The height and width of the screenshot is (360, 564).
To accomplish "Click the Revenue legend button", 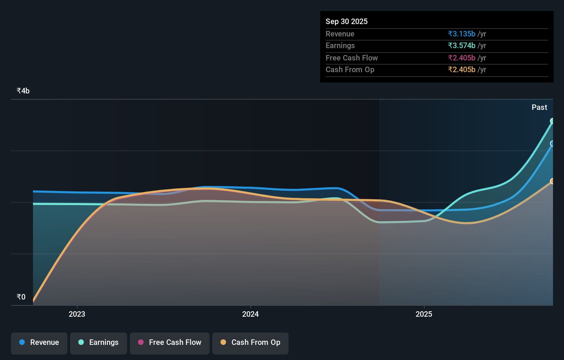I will [39, 343].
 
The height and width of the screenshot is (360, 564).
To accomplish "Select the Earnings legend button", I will [99, 343].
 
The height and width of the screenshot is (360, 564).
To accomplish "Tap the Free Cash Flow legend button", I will [170, 343].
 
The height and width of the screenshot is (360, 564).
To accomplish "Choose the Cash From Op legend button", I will [250, 343].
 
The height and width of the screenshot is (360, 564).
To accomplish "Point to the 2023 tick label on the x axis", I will [77, 314].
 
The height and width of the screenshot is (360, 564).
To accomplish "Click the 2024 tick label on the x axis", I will [250, 314].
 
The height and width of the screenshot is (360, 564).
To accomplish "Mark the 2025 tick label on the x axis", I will [424, 314].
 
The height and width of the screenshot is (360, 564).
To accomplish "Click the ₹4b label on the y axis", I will [23, 91].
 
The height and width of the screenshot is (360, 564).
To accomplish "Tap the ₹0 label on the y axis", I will [21, 297].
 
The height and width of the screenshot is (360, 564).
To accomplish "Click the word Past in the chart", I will [539, 108].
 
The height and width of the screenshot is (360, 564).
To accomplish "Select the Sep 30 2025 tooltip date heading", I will [347, 22].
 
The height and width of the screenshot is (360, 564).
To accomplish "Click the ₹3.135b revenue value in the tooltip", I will [462, 34].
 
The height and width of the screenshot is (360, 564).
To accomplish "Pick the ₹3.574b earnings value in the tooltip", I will [462, 46].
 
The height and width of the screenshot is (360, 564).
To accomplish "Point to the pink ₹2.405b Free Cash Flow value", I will [462, 58].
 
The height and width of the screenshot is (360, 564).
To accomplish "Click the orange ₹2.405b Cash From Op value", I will [462, 70].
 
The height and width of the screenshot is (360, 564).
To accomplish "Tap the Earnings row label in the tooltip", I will [340, 46].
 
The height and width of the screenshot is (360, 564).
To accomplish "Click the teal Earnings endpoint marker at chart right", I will [552, 121].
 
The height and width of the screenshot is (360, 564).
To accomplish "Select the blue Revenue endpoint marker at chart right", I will [552, 144].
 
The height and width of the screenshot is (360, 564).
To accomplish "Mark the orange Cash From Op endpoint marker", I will [552, 181].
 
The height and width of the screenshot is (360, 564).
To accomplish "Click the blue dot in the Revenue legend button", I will [22, 342].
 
